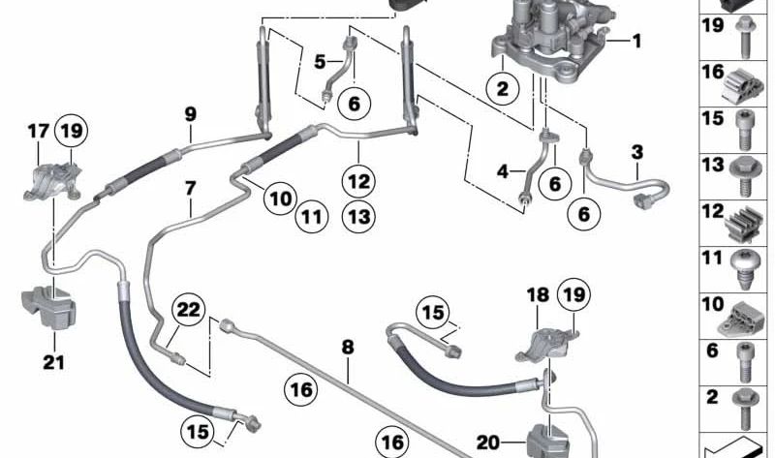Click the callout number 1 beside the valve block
(636, 41)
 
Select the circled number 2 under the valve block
(503, 90)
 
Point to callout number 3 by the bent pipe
(636, 151)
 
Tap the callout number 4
(503, 172)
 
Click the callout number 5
(320, 61)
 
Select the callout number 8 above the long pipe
(347, 346)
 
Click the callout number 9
(190, 114)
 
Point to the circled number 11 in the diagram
(308, 219)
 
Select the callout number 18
(537, 293)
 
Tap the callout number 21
(53, 365)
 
